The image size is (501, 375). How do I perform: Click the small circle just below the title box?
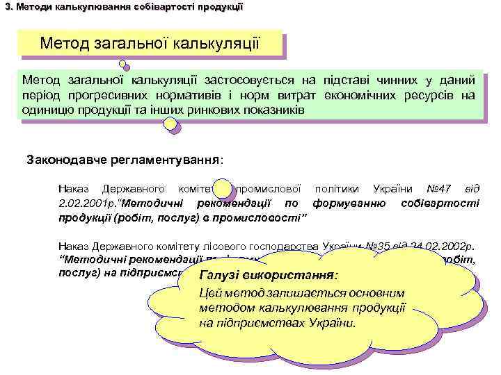[123, 65]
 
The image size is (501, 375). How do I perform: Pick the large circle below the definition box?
[170, 125]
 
